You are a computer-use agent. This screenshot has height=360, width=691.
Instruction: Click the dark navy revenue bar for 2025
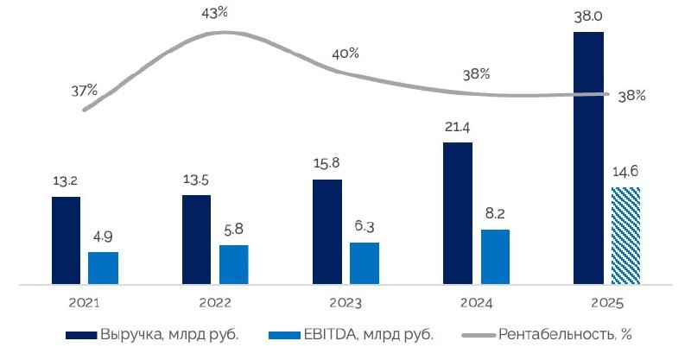(x=588, y=158)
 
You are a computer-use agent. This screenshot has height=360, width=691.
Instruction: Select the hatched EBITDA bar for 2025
(x=625, y=235)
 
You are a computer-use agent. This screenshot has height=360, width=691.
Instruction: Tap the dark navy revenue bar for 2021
(x=66, y=240)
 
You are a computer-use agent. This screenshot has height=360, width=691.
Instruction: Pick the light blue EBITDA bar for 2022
(x=233, y=264)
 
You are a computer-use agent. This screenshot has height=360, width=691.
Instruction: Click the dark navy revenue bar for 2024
(x=458, y=212)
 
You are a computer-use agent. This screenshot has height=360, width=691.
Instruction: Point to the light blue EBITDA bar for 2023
(x=364, y=262)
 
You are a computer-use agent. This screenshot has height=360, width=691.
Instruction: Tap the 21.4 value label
(x=458, y=129)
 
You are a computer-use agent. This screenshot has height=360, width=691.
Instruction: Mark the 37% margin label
(x=85, y=90)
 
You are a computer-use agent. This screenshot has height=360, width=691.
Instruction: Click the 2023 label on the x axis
(x=345, y=303)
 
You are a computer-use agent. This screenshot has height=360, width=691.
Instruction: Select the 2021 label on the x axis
(x=85, y=303)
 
